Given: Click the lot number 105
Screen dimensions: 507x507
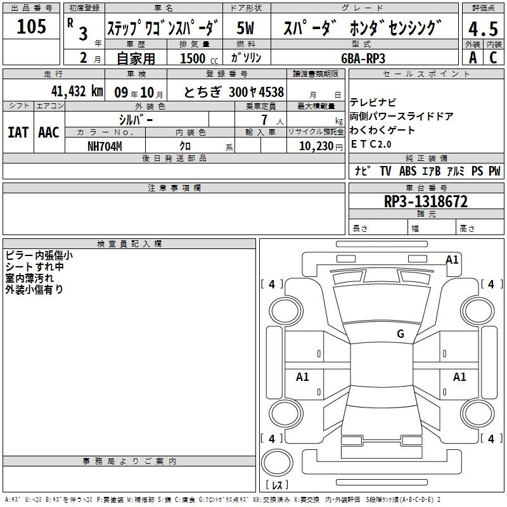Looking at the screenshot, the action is [31, 26].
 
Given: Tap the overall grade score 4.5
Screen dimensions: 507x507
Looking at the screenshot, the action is [483, 29].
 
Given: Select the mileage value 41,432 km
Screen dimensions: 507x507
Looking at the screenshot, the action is [77, 91].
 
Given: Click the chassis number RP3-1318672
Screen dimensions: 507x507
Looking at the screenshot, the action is [426, 202].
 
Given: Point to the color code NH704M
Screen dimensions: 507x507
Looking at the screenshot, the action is [105, 146].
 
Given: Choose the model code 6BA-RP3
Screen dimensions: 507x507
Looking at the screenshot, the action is [363, 58].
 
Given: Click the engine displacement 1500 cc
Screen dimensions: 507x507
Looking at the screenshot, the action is [199, 58].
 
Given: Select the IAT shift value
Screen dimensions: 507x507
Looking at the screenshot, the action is [18, 132].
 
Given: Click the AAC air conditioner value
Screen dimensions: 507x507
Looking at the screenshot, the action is [49, 132].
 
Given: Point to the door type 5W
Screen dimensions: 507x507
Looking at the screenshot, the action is [246, 28].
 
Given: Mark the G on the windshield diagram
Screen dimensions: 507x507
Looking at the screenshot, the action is [401, 334].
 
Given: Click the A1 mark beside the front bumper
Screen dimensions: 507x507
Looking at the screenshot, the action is [452, 260].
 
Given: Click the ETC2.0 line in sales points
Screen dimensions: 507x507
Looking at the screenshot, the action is [371, 144].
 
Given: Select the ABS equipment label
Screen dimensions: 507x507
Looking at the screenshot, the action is [408, 170].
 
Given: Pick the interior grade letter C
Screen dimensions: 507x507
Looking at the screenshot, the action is [493, 58].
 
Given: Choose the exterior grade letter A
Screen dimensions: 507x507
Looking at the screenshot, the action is [473, 58].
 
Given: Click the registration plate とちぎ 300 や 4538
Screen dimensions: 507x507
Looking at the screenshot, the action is [234, 92].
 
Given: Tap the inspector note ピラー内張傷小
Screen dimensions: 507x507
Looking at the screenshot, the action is [39, 255].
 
